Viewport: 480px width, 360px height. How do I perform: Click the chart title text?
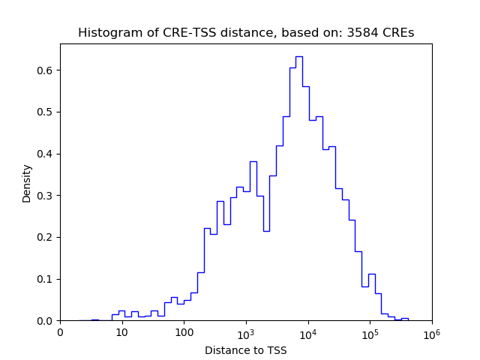[245, 33]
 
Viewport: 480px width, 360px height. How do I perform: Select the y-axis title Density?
[27, 182]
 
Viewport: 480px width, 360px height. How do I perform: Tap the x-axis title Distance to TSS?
[245, 349]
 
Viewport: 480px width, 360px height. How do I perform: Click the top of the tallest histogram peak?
[298, 56]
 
